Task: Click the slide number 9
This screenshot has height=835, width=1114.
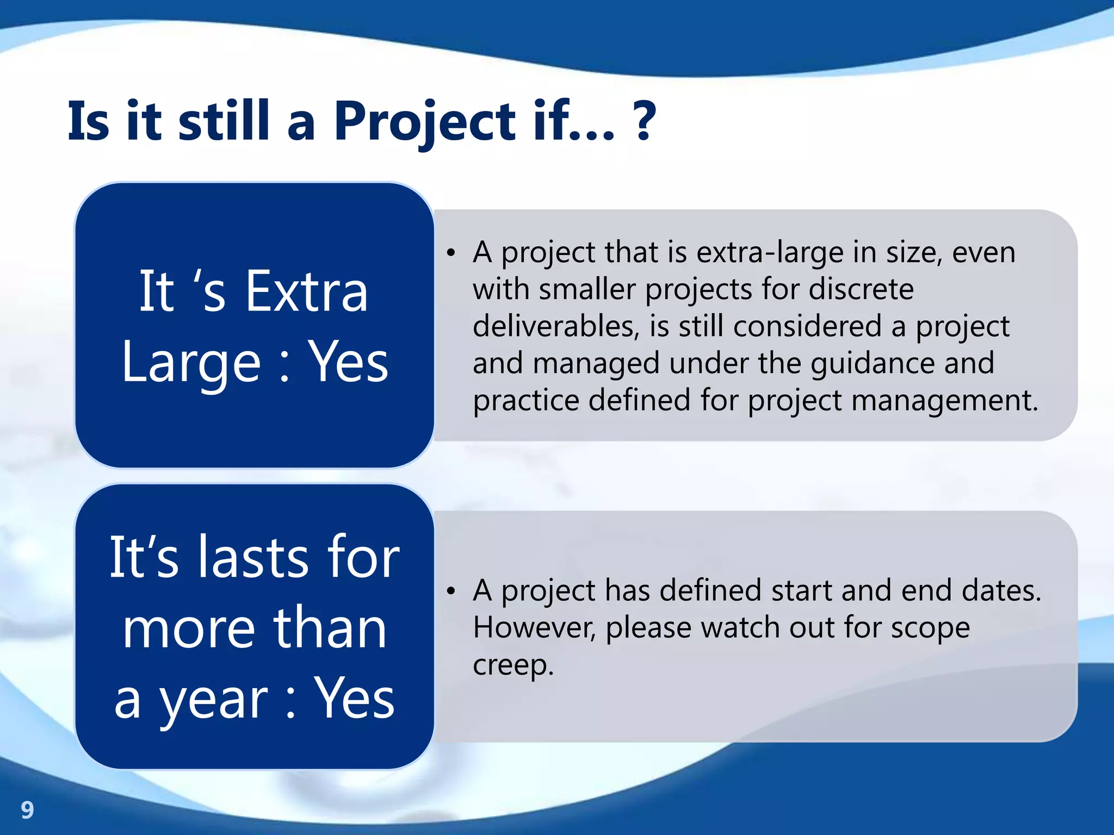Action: [27, 810]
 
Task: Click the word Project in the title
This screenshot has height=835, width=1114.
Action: [424, 123]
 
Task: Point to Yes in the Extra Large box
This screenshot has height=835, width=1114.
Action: [349, 362]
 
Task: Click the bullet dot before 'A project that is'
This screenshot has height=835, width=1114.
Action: [450, 253]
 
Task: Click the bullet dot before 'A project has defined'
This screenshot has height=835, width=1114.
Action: [450, 591]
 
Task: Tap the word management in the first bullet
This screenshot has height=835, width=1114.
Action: [944, 401]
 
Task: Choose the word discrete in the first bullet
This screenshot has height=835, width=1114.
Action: [861, 290]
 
